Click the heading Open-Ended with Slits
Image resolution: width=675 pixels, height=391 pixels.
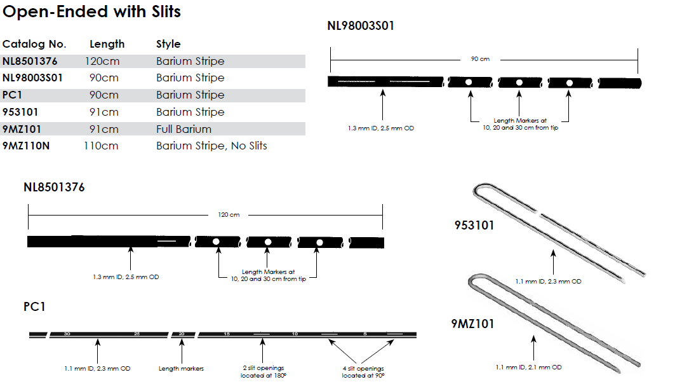click(x=92, y=12)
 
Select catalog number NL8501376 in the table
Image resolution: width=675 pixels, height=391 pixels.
click(x=30, y=61)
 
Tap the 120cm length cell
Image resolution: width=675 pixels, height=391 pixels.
click(x=102, y=61)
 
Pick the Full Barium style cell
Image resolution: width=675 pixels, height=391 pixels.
click(x=184, y=129)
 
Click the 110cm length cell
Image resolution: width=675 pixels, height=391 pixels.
click(x=101, y=146)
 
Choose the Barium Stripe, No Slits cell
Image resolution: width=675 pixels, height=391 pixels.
click(x=211, y=146)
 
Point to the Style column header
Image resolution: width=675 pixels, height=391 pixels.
click(x=168, y=44)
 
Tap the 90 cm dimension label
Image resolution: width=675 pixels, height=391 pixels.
click(x=480, y=59)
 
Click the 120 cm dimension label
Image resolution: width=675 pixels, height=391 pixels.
click(x=229, y=215)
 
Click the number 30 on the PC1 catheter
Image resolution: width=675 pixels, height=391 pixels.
click(x=67, y=333)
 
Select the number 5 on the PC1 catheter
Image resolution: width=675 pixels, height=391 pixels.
click(x=365, y=333)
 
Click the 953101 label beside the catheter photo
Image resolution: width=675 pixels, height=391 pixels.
click(x=474, y=225)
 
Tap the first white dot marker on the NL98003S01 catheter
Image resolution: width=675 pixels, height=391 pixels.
click(x=469, y=82)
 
